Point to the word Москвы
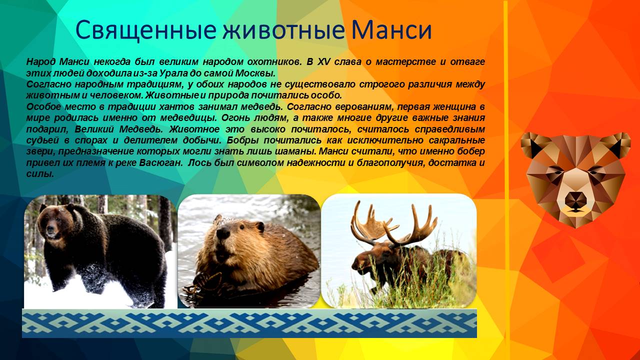tap(254, 73)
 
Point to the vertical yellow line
tap(505, 150)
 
